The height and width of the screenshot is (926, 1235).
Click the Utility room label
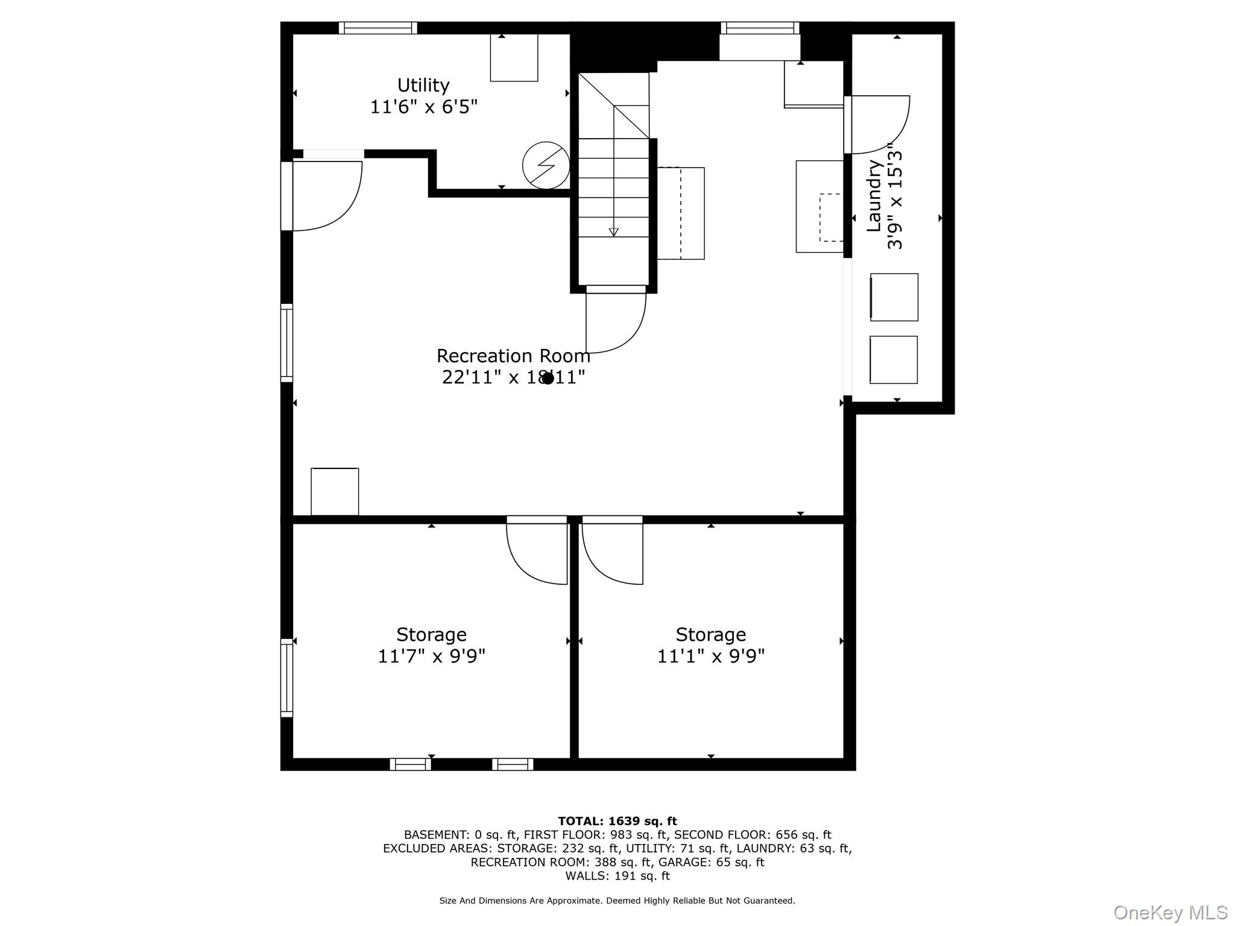pyautogui.click(x=423, y=96)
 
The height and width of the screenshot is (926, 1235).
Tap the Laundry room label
pyautogui.click(x=885, y=196)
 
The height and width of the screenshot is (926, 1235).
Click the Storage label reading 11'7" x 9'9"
pyautogui.click(x=431, y=645)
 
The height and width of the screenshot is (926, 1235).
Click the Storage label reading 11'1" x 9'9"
pyautogui.click(x=710, y=645)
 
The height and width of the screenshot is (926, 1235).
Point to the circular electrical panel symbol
pyautogui.click(x=546, y=165)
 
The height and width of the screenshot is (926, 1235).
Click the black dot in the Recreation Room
pyautogui.click(x=548, y=379)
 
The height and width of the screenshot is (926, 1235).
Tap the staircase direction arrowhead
pyautogui.click(x=614, y=232)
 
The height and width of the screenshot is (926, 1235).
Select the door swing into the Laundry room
pyautogui.click(x=877, y=124)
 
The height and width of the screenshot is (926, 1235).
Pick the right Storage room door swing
pyautogui.click(x=612, y=552)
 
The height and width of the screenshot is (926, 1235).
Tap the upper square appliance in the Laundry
pyautogui.click(x=894, y=297)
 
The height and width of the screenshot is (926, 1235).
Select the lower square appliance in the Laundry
pyautogui.click(x=893, y=360)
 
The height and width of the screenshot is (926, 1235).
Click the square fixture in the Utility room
pyautogui.click(x=514, y=58)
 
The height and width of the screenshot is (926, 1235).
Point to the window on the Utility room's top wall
pyautogui.click(x=378, y=28)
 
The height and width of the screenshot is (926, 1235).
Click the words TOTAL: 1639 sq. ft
pyautogui.click(x=617, y=821)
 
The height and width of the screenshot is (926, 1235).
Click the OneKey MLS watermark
pyautogui.click(x=1170, y=912)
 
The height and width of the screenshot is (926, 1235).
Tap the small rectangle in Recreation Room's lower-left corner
pyautogui.click(x=335, y=491)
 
